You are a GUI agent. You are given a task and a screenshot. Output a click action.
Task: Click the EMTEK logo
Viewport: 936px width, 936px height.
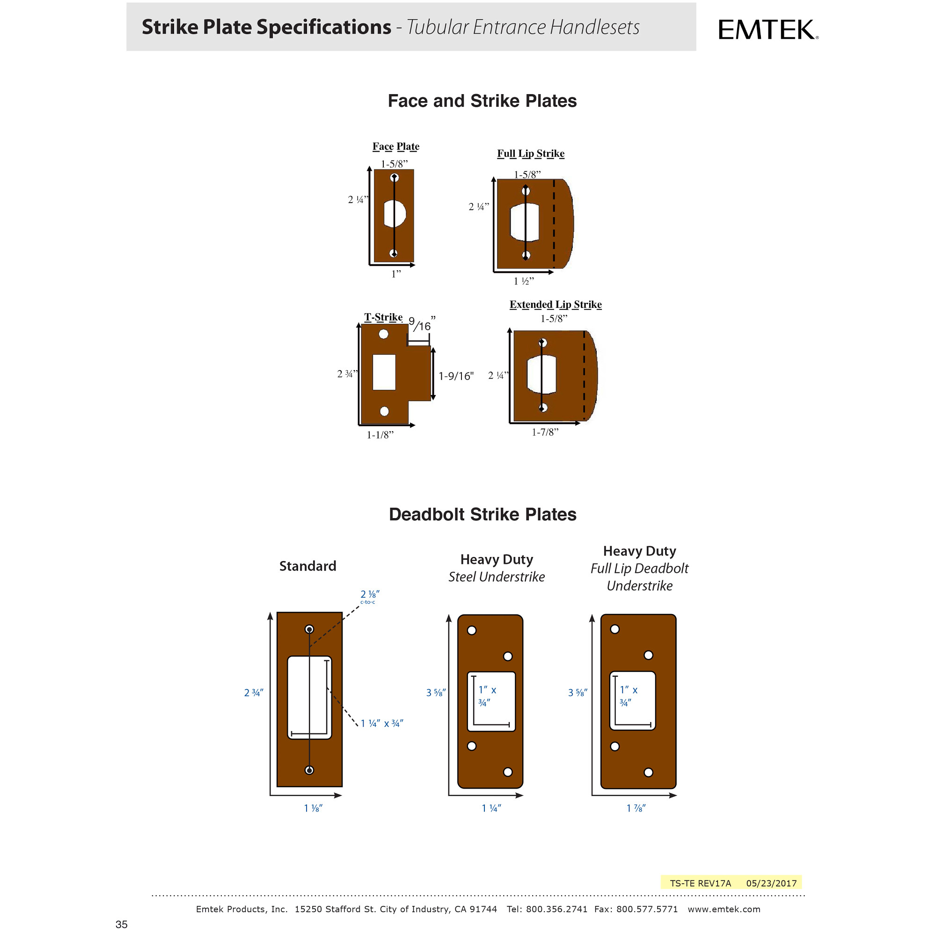768,29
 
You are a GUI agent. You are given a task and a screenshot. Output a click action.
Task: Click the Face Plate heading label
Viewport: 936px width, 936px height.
395,146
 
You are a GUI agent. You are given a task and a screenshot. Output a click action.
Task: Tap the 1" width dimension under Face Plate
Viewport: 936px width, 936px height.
396,274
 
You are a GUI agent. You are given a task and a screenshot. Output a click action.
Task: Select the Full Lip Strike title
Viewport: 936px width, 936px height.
531,154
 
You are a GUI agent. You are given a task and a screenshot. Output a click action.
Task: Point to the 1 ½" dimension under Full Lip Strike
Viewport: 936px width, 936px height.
523,281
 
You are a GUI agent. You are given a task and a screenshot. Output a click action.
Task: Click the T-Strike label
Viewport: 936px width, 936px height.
383,317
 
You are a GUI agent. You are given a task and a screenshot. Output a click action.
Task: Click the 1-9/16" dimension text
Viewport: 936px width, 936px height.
455,376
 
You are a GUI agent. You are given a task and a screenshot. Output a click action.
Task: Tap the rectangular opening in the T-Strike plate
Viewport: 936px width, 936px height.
384,372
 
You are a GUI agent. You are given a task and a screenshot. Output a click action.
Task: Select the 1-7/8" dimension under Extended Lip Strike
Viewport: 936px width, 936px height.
545,432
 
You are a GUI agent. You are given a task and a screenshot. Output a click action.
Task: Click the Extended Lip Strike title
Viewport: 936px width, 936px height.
555,304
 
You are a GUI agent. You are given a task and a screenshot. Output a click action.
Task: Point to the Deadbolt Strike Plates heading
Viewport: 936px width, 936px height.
482,514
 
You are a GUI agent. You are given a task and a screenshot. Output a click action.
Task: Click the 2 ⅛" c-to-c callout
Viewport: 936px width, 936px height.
370,594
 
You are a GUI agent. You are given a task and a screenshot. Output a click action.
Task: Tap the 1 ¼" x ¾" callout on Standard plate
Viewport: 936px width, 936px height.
382,724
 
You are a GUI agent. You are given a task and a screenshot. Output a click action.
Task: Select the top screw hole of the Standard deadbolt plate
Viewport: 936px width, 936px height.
309,629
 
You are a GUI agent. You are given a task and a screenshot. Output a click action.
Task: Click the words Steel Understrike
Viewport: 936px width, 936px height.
496,577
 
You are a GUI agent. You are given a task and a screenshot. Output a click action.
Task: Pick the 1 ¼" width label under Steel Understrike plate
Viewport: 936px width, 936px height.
491,808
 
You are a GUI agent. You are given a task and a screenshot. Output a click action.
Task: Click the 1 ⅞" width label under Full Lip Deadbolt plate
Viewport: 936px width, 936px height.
636,808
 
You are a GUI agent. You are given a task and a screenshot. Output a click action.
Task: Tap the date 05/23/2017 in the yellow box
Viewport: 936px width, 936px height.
771,883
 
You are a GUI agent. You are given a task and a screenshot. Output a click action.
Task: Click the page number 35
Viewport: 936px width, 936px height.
122,924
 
